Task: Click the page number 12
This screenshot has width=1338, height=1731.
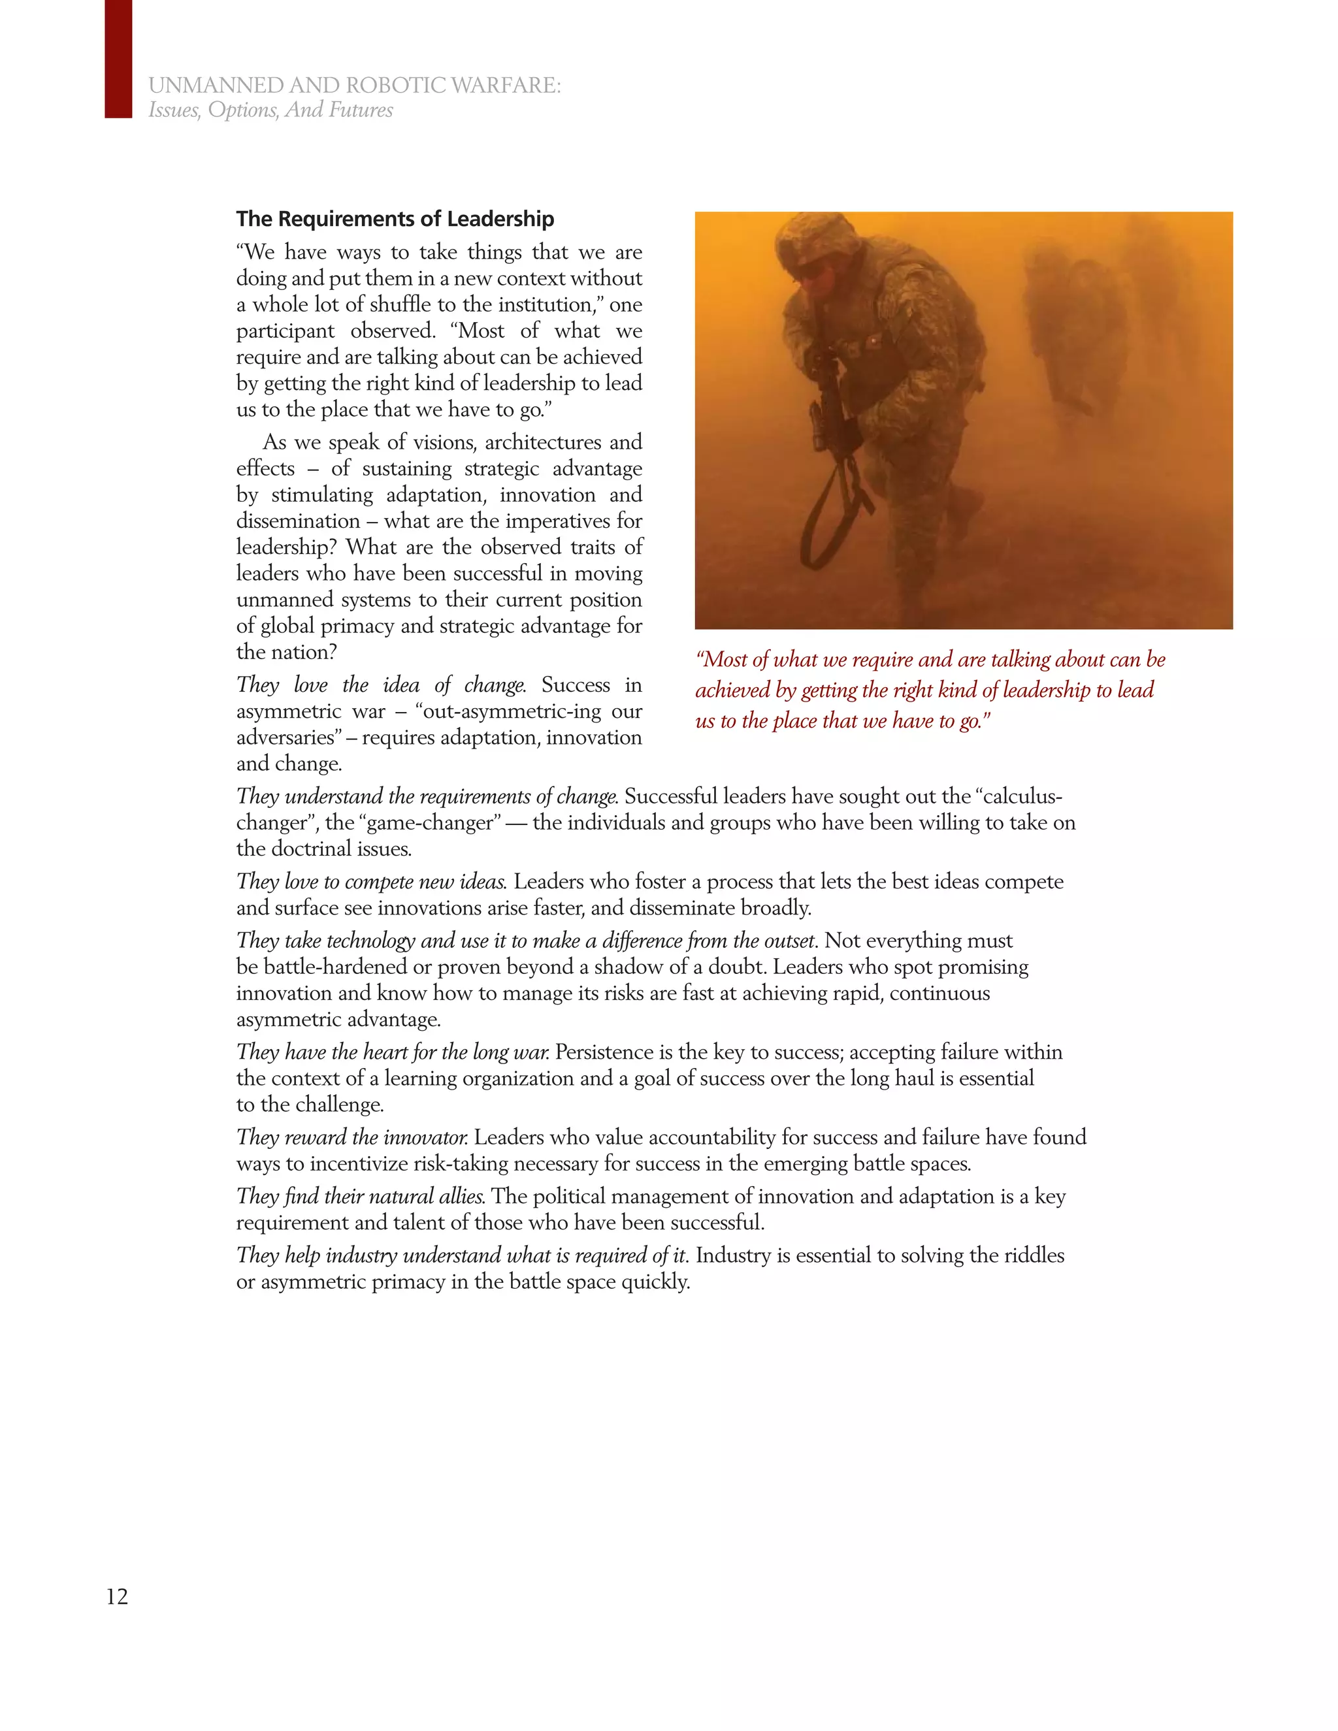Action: coord(118,1596)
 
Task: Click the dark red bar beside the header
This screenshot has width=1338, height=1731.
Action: coord(118,59)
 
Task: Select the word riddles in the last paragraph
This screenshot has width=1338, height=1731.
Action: coord(1034,1255)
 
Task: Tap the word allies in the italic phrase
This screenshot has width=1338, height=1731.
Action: coord(461,1196)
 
